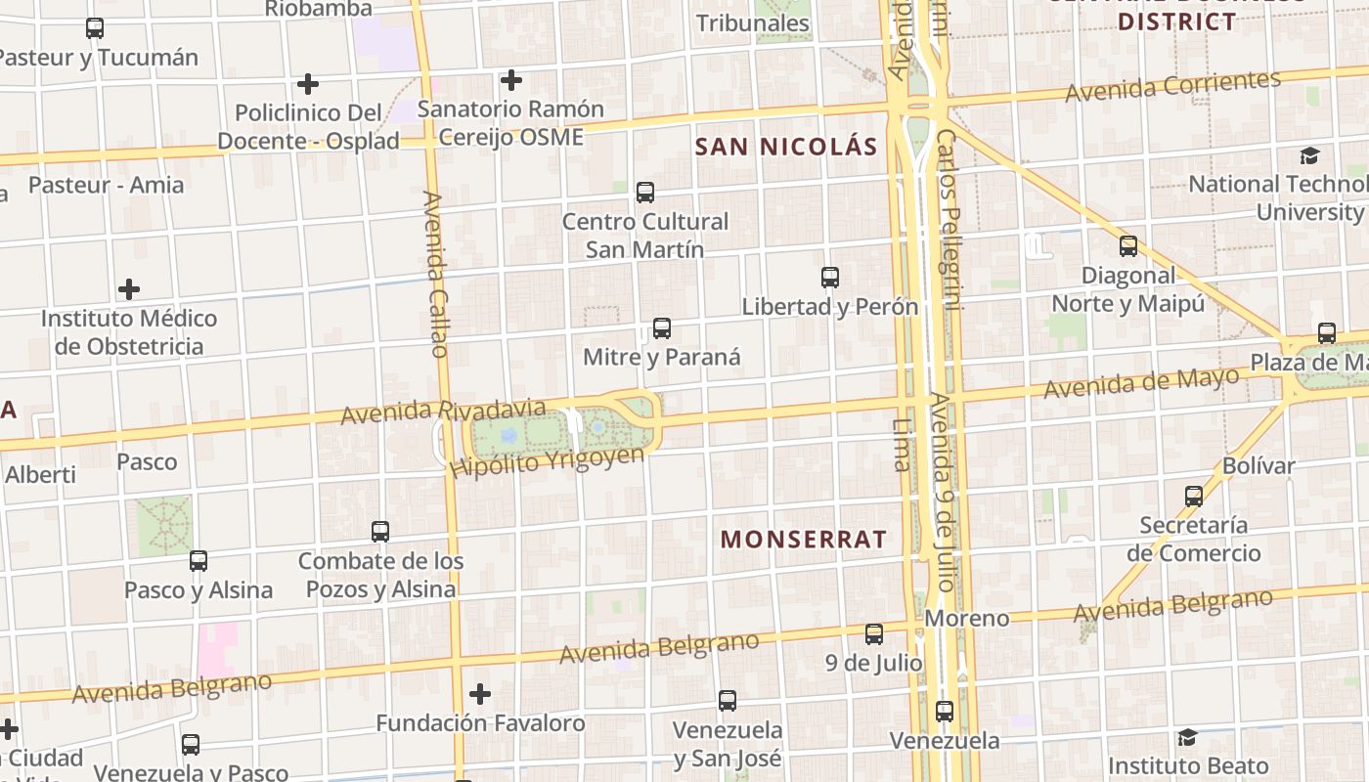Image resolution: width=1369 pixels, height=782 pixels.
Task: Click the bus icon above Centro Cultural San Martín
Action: click(x=645, y=193)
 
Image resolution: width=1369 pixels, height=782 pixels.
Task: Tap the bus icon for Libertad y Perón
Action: click(x=830, y=278)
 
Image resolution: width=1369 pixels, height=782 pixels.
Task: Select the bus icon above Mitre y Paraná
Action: click(x=662, y=328)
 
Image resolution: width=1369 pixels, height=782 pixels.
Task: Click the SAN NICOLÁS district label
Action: click(x=786, y=147)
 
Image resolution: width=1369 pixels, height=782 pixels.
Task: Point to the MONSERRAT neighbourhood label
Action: click(x=804, y=539)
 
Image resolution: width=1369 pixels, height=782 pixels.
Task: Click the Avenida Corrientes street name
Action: click(x=1172, y=87)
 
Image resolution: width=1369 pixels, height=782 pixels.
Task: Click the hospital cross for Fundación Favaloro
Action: click(x=479, y=694)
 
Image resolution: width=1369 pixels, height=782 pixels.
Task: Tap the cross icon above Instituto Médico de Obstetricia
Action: click(x=128, y=289)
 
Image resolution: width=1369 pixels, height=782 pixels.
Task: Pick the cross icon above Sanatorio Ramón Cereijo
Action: click(x=510, y=80)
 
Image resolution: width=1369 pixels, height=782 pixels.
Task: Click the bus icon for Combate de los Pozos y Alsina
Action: click(x=380, y=532)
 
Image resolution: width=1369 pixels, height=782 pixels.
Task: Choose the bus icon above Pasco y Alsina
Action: click(x=199, y=561)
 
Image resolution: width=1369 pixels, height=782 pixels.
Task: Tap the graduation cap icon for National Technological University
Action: click(x=1309, y=155)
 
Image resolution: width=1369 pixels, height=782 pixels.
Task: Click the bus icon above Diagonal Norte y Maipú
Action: click(x=1128, y=246)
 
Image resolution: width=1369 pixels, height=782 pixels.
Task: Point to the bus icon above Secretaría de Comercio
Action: click(x=1194, y=497)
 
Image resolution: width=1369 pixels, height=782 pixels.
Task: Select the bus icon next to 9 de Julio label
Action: click(x=874, y=634)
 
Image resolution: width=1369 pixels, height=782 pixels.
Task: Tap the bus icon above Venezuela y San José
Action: click(x=728, y=701)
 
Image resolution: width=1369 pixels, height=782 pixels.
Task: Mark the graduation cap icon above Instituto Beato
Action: click(x=1187, y=737)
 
